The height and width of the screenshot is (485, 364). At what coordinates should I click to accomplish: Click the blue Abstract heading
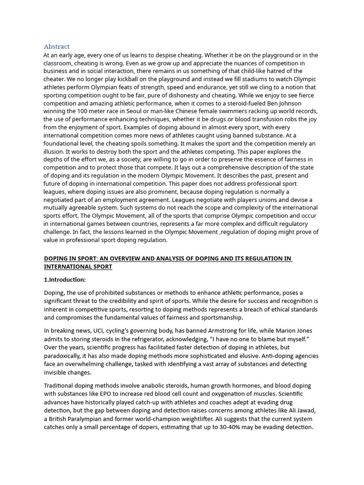coord(56,46)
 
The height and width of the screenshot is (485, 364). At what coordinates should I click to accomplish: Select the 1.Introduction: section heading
coord(65,280)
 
